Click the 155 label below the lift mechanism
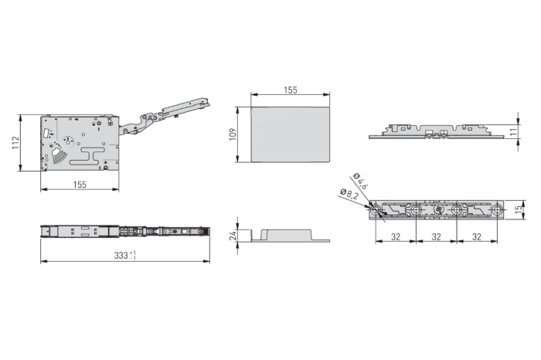80,184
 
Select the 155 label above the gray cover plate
290,90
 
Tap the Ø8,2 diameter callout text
349,195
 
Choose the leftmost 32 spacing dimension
396,236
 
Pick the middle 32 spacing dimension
437,236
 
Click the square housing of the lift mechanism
80,143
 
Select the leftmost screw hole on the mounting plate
376,210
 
